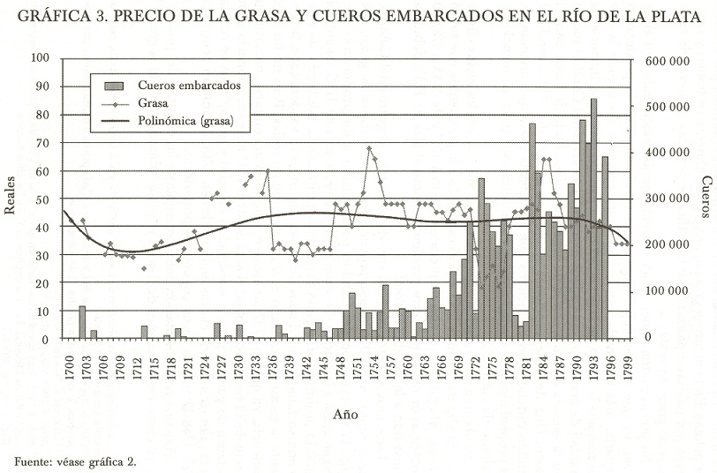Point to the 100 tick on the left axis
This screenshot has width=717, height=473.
coord(40,58)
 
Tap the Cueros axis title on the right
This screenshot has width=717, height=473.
coord(706,197)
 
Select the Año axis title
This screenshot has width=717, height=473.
coord(345,413)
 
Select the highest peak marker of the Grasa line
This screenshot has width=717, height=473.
coord(369,148)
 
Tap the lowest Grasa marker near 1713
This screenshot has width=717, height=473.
coord(144,268)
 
